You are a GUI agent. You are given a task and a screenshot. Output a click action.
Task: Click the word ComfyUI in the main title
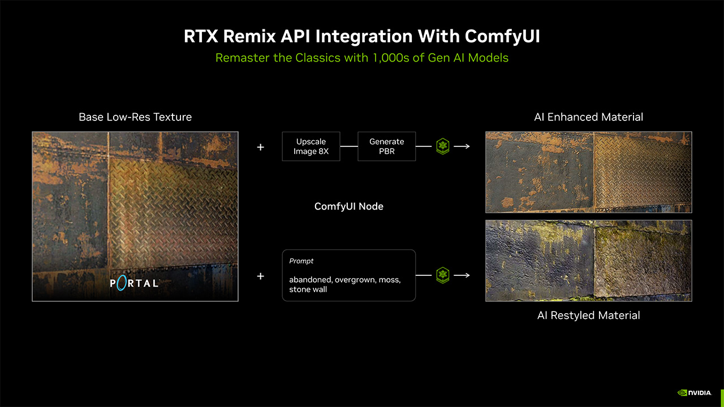point(502,37)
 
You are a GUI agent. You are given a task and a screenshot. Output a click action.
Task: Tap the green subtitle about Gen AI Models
point(361,58)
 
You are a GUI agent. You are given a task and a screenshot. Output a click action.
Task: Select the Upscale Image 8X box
point(311,146)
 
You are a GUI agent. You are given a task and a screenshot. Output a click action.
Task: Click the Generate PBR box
point(386,146)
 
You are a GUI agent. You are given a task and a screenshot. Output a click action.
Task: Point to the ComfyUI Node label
point(349,206)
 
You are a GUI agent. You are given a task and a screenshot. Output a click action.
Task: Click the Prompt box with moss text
point(349,275)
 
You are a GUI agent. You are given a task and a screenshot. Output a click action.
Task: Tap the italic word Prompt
point(301,261)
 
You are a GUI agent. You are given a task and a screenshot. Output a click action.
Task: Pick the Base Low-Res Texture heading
point(135,117)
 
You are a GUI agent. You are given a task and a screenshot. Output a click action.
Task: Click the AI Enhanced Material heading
point(589,117)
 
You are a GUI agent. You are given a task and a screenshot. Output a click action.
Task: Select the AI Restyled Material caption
point(589,315)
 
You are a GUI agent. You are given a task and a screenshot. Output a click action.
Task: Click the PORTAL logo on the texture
point(134,283)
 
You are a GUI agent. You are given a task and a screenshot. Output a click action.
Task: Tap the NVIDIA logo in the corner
point(695,393)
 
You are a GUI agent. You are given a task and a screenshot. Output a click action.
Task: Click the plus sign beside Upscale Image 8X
point(261,148)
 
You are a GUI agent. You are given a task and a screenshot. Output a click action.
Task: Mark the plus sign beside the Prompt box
point(261,276)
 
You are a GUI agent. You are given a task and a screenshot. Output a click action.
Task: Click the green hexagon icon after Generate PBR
point(443,146)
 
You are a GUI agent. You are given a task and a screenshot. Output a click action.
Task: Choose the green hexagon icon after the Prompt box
point(443,275)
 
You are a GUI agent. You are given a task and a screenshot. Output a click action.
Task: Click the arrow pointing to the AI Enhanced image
point(462,146)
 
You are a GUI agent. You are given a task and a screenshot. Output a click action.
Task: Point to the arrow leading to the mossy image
point(462,275)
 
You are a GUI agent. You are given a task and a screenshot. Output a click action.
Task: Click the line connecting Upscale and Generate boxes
point(349,146)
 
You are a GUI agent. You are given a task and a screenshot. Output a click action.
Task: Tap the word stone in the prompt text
point(298,289)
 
